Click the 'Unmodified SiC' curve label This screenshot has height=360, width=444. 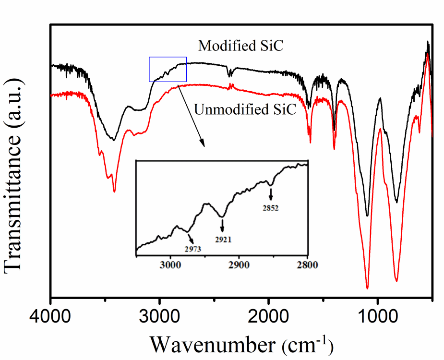[x=245, y=110]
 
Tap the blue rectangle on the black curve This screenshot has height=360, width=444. [x=168, y=69]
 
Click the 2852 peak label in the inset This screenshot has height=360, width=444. [x=270, y=208]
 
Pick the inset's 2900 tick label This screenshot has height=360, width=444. [x=239, y=264]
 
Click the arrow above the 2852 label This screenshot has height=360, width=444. [x=271, y=194]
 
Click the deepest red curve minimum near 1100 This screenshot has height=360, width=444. [x=367, y=288]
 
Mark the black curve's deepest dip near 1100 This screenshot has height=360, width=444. [x=367, y=216]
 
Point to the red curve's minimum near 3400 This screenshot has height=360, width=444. [x=114, y=192]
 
